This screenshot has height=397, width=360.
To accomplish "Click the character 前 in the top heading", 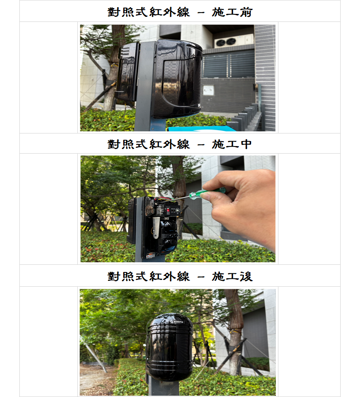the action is pyautogui.click(x=246, y=12).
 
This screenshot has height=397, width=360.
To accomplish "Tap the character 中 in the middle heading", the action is pyautogui.click(x=246, y=144).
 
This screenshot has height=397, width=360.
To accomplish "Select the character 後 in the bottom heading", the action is pyautogui.click(x=246, y=277).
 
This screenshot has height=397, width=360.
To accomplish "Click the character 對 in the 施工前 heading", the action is pyautogui.click(x=114, y=12).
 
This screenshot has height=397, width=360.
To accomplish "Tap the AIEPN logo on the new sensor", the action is pyautogui.click(x=178, y=322).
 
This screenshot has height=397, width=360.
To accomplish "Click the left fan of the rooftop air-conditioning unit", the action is pyautogui.click(x=220, y=43).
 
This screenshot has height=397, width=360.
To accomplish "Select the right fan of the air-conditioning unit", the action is pyautogui.click(x=230, y=41).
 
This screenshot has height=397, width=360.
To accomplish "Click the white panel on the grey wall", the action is pyautogui.click(x=209, y=90).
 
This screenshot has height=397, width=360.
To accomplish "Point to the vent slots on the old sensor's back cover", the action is pyautogui.click(x=125, y=52).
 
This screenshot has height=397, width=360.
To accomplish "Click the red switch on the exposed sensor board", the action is pyautogui.click(x=168, y=210).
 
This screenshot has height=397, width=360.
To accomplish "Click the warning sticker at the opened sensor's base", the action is pyautogui.click(x=150, y=256).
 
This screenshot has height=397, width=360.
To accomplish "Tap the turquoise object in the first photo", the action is pyautogui.click(x=201, y=128).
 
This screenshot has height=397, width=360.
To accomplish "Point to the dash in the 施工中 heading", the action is pyautogui.click(x=201, y=145).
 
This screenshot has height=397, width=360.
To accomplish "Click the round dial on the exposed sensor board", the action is pyautogui.click(x=177, y=210).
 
